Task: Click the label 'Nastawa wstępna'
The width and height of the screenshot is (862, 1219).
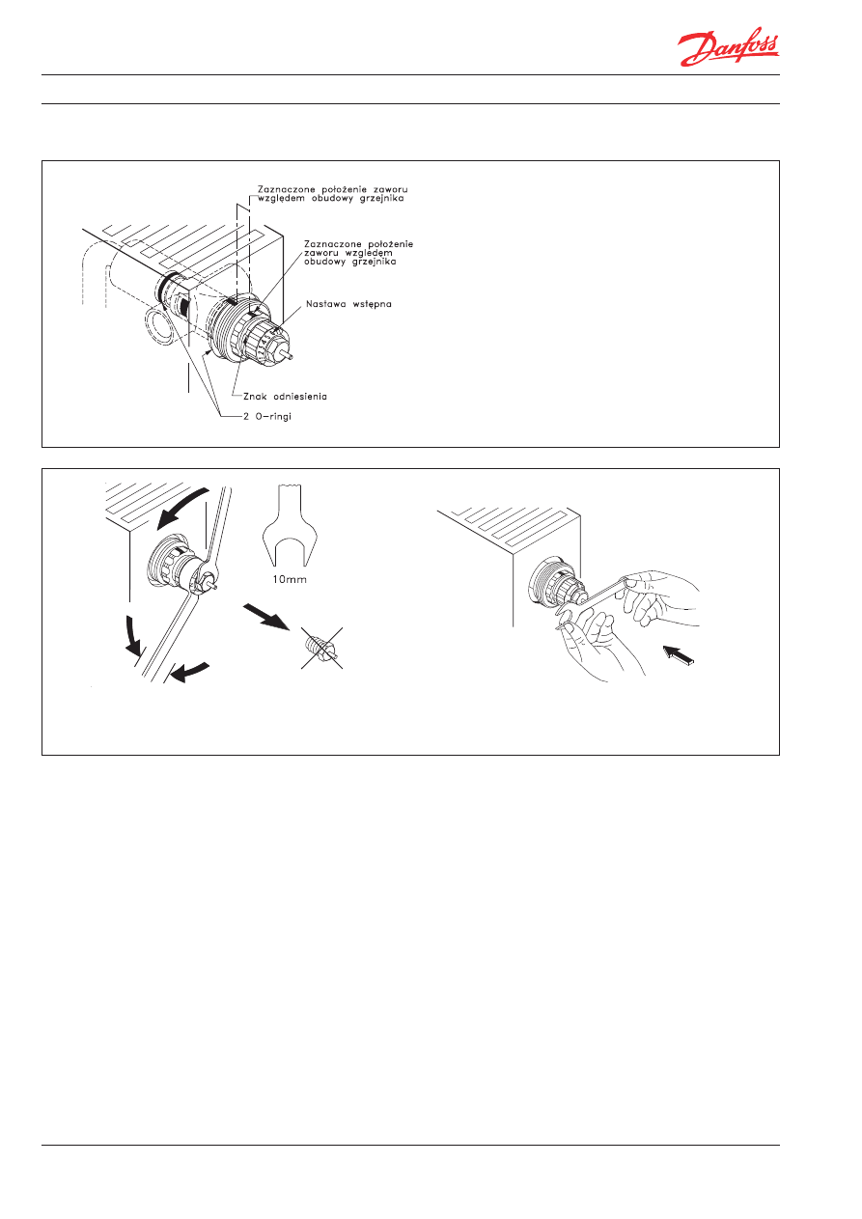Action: click(x=348, y=304)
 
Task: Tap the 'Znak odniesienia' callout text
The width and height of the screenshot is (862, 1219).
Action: click(x=285, y=396)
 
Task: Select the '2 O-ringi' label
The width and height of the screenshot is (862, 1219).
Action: click(x=266, y=416)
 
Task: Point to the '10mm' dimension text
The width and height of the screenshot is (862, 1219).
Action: click(x=290, y=579)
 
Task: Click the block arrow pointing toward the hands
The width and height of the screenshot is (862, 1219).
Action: click(x=679, y=654)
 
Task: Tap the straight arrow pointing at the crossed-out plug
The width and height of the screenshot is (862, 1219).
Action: click(x=266, y=617)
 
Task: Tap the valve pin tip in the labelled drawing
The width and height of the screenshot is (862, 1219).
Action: click(x=292, y=357)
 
